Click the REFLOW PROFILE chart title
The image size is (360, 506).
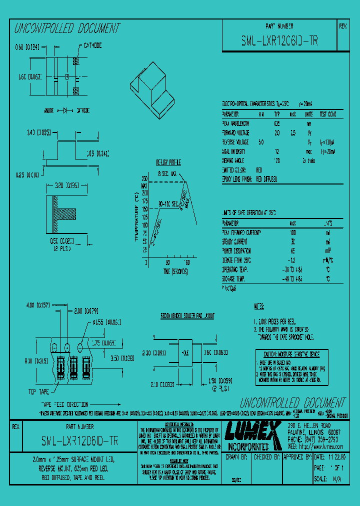coord(168,162)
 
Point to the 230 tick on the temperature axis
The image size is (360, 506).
coord(144,177)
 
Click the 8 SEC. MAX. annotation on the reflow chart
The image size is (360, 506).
coord(167,173)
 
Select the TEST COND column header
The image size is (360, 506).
coord(328,113)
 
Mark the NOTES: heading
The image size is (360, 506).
coord(259,305)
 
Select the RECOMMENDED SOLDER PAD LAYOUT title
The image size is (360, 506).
coord(187,316)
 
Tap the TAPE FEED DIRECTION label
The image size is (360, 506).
coord(64,404)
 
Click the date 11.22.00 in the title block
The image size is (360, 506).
coord(336,457)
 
